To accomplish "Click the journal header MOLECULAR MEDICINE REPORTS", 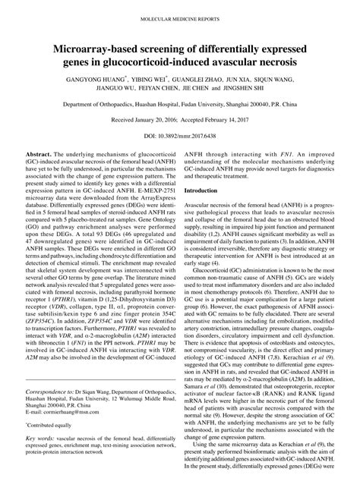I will point(180,16).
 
